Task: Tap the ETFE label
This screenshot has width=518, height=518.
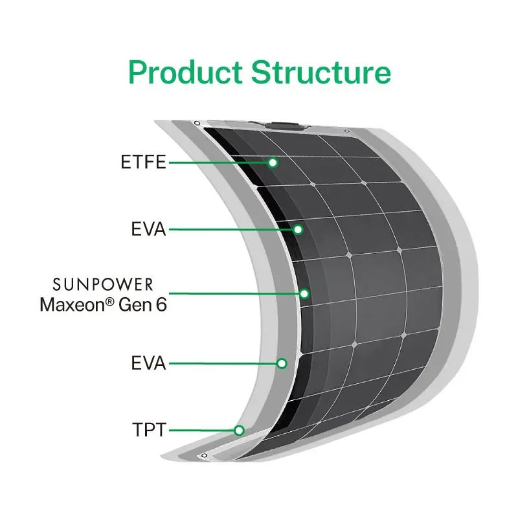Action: pos(144,163)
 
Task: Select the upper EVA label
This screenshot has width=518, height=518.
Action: pos(148,229)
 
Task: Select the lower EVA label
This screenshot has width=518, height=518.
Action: pos(148,364)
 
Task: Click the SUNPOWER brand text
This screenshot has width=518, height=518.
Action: pos(103,284)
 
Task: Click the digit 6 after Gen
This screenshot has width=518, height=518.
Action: pos(161,304)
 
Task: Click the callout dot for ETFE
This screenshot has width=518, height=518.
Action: pos(273,163)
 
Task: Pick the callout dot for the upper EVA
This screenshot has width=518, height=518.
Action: pos(298,229)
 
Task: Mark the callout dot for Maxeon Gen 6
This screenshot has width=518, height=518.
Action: pos(304,293)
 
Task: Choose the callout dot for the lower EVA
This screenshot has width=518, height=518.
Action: pos(282,363)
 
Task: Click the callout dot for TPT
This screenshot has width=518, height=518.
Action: pos(239,429)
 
